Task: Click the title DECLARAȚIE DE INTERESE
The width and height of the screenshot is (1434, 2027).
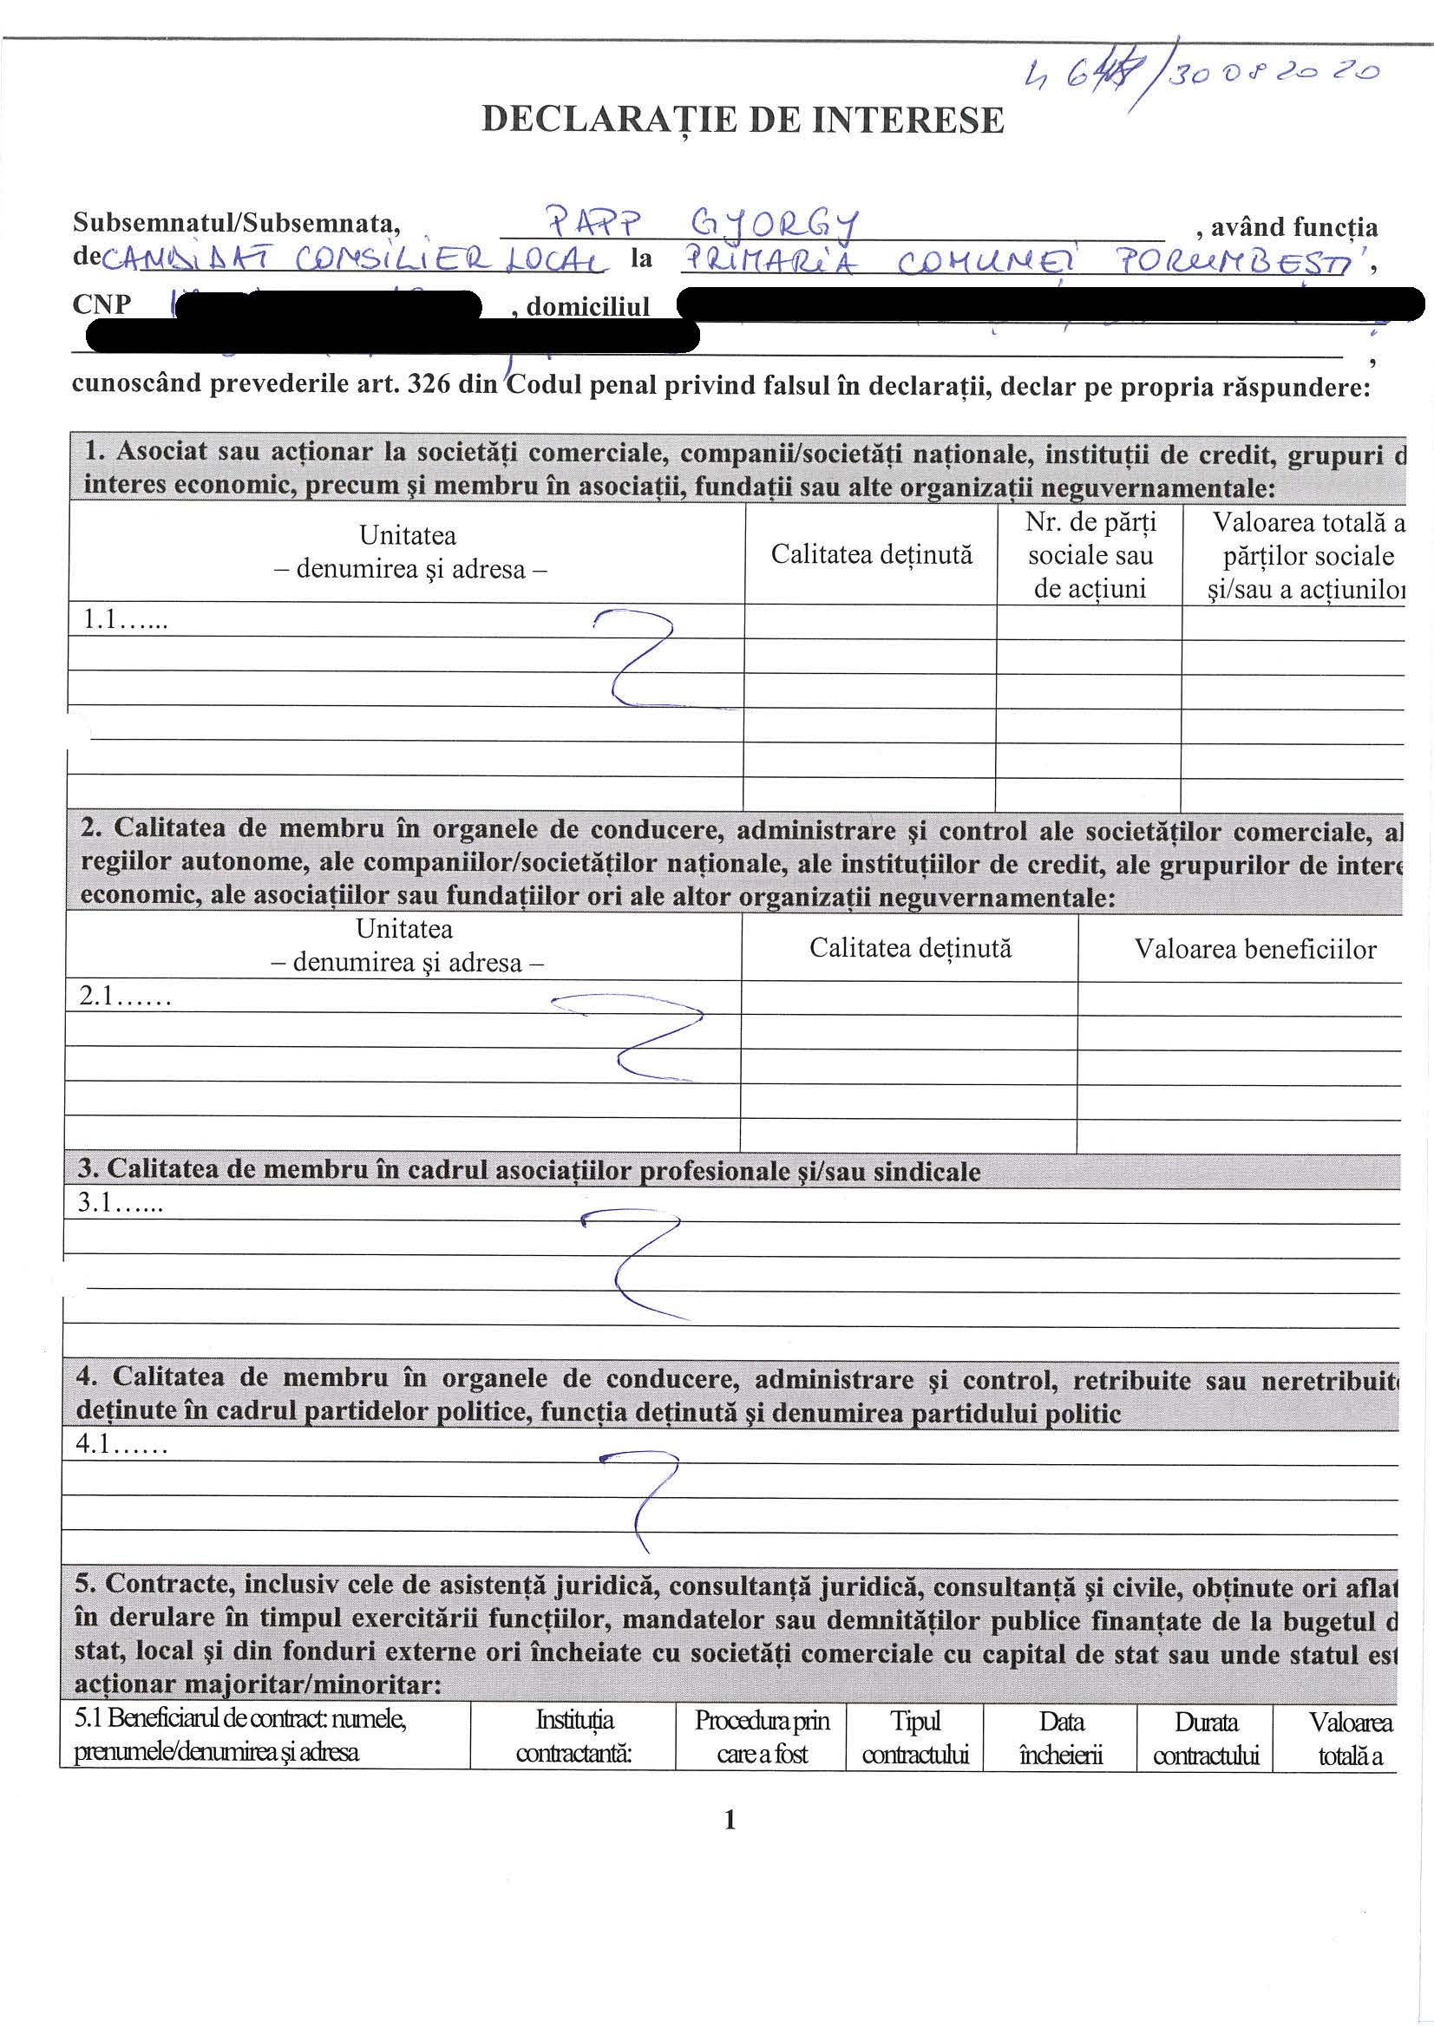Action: point(743,120)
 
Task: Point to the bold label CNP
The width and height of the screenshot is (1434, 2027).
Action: point(102,304)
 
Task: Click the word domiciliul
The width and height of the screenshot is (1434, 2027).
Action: point(587,306)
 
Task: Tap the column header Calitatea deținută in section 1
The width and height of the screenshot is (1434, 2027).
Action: point(871,554)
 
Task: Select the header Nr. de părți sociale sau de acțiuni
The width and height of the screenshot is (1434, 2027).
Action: point(1090,555)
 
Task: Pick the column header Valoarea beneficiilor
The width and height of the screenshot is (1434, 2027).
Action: point(1254,949)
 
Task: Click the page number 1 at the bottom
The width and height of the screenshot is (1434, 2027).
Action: point(730,1820)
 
